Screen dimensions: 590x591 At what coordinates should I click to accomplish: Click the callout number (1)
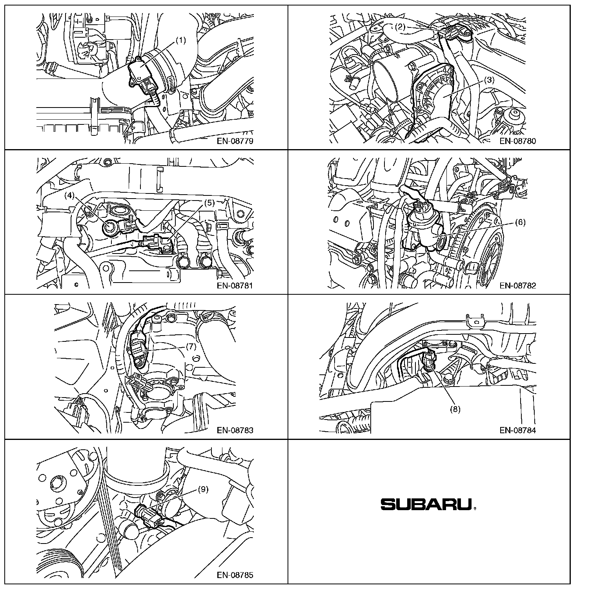[x=180, y=40]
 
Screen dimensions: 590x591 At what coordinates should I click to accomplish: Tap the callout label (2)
[x=400, y=27]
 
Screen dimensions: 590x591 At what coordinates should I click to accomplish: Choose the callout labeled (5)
[x=209, y=203]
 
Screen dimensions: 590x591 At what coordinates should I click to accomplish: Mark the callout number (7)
[x=191, y=347]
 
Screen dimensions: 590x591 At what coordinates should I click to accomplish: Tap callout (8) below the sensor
[x=455, y=409]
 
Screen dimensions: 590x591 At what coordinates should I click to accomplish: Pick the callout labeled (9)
[x=203, y=489]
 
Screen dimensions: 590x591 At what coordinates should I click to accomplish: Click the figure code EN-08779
[x=235, y=141]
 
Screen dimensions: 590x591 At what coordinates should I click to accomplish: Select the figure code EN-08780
[x=518, y=141]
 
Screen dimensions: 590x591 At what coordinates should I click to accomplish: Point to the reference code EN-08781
[x=235, y=286]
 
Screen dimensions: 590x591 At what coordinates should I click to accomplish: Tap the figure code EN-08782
[x=518, y=286]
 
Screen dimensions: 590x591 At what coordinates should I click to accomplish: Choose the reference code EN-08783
[x=235, y=430]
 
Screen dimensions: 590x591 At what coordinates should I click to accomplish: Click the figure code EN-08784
[x=518, y=430]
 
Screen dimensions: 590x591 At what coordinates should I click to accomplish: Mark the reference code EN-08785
[x=235, y=575]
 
